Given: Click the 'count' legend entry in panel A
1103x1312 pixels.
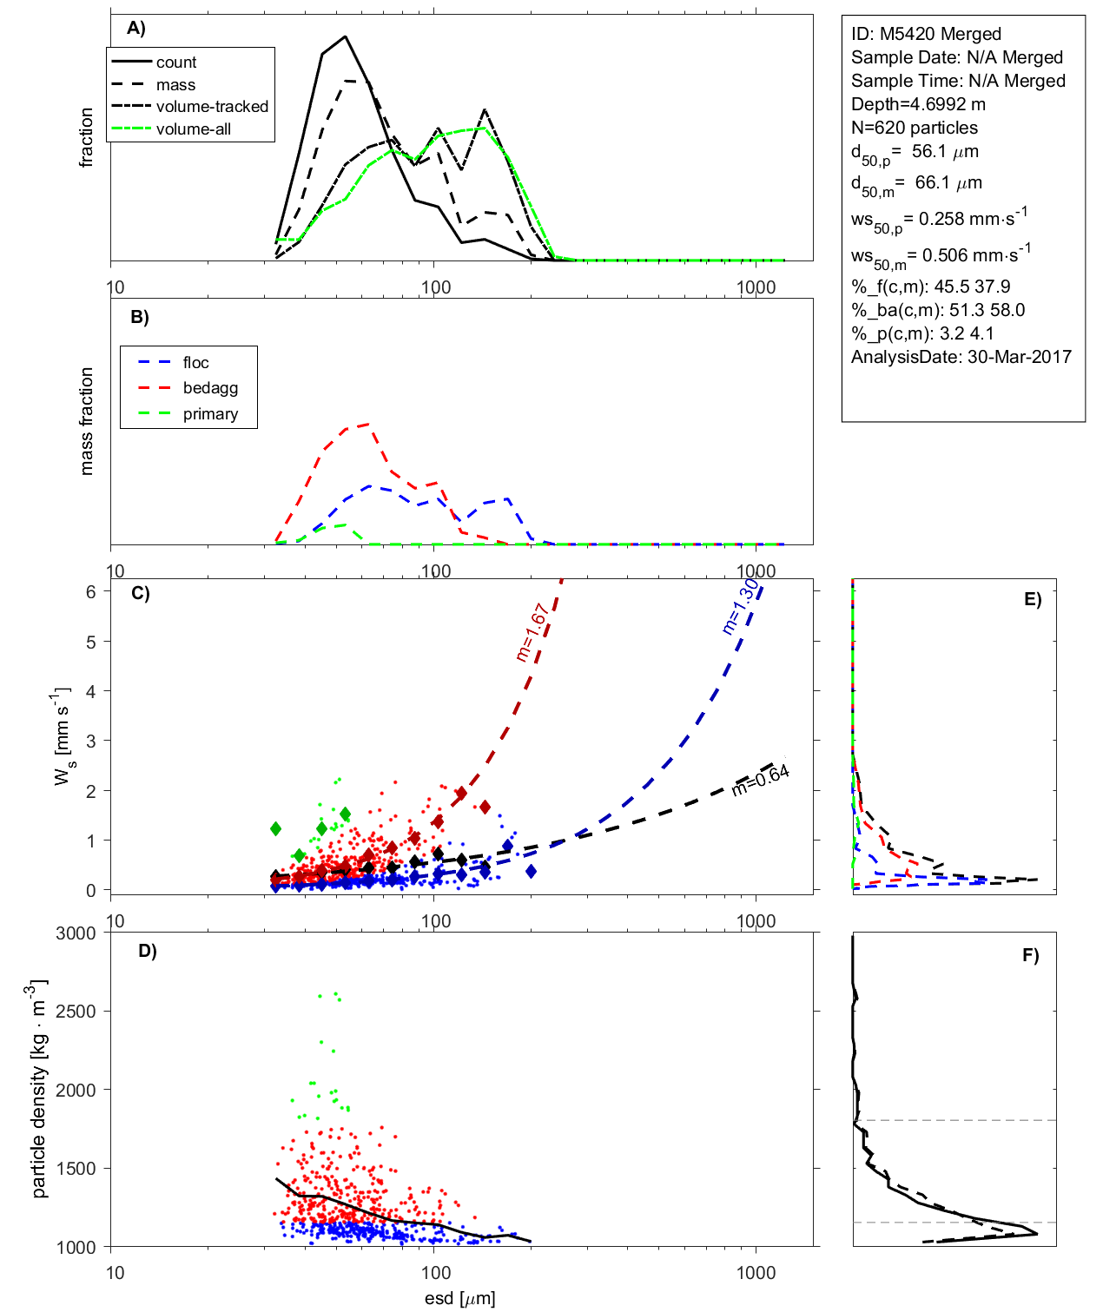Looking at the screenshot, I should click(176, 63).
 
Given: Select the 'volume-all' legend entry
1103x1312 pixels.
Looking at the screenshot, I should click(194, 129).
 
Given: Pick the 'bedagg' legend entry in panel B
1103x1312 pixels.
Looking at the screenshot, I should click(210, 388).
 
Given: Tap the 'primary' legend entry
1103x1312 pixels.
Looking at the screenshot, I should click(210, 414).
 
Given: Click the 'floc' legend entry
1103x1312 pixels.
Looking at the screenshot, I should click(195, 363).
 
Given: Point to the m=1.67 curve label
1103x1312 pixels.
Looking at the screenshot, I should click(531, 632).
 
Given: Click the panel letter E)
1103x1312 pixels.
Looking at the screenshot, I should click(1032, 599).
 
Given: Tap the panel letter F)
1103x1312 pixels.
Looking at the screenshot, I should click(1030, 955).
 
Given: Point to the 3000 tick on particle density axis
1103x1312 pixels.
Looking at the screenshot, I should click(76, 933).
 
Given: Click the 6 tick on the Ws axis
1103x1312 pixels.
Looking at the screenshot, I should click(90, 591).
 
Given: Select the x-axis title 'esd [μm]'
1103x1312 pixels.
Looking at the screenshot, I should click(460, 1298).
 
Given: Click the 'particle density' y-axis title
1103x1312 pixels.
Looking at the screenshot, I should click(39, 1089).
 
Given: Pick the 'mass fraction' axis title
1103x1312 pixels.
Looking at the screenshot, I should click(86, 421).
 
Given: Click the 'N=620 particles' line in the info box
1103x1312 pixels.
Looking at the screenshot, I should click(914, 128).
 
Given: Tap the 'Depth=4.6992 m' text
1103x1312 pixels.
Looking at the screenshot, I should click(918, 104).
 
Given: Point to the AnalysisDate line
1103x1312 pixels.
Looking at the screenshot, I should click(961, 357).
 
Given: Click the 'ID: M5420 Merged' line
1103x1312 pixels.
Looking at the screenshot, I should click(926, 34).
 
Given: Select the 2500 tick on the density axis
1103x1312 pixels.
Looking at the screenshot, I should click(76, 1012).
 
